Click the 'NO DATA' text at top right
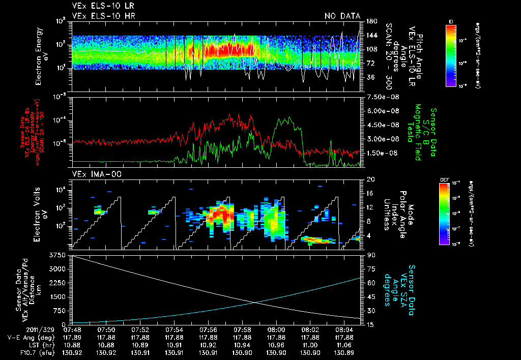pos(342,16)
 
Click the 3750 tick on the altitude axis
pos(57,254)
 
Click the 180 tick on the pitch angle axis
pos(370,21)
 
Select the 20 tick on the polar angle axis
pos(368,179)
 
